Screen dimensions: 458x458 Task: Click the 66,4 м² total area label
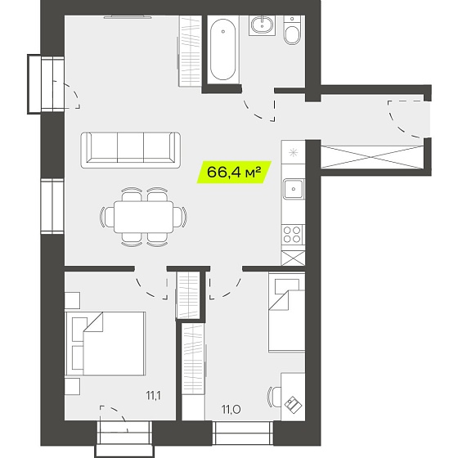234,173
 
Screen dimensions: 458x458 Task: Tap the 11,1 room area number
154,396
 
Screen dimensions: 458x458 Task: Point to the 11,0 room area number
231,410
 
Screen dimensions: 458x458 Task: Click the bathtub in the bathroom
222,50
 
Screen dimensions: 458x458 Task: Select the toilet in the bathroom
292,31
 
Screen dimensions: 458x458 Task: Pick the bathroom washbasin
262,25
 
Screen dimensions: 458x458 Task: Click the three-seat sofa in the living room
131,150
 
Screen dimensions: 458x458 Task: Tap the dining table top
143,217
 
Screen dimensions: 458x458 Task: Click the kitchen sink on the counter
294,189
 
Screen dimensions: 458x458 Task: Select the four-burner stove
293,235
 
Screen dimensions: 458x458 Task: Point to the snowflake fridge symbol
293,153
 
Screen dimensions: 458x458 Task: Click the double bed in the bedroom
106,343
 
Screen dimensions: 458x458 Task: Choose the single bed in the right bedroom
287,312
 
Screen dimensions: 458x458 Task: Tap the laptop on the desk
294,405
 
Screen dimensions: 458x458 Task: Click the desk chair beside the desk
274,397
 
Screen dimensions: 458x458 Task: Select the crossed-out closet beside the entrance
372,157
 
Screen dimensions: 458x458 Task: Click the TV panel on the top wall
128,17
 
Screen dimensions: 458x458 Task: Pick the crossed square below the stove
293,258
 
